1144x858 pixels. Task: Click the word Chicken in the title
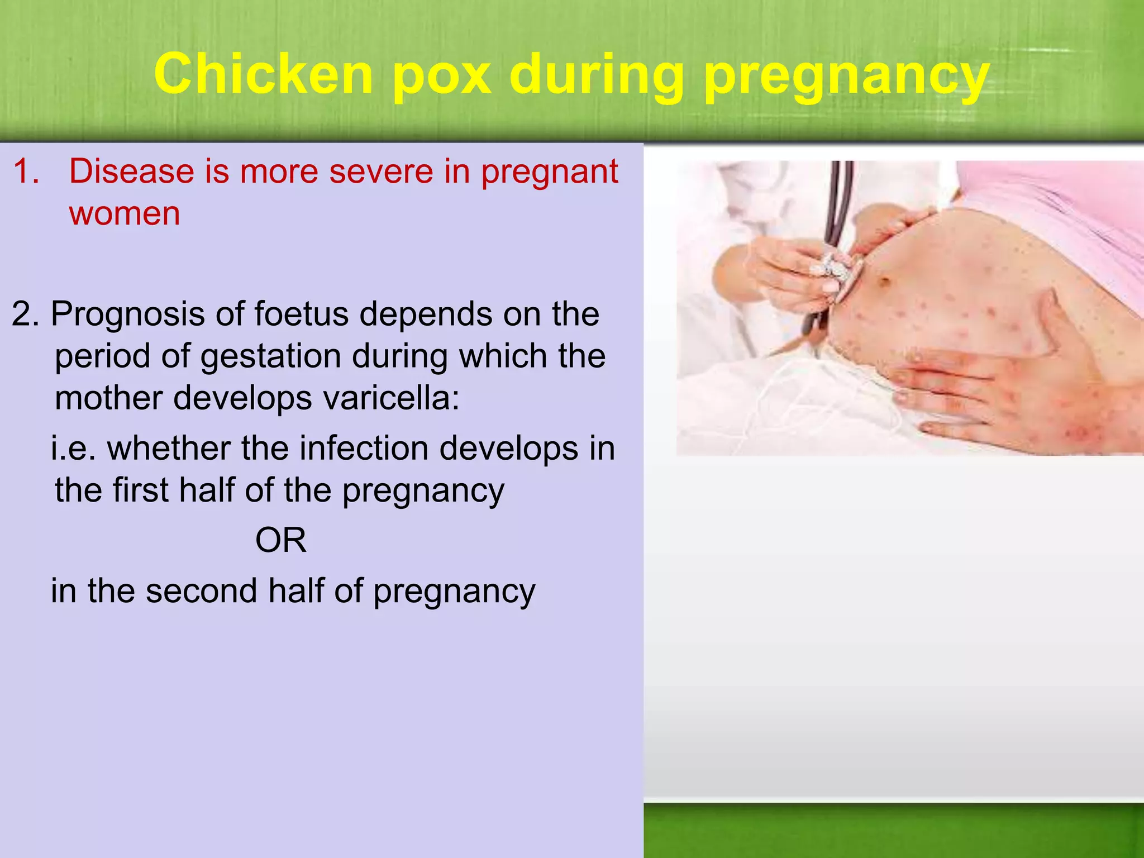[x=263, y=74]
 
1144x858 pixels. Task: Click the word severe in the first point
[x=381, y=171]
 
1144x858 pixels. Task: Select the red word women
[x=125, y=213]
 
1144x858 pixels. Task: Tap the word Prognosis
[x=128, y=314]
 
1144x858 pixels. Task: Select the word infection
[x=367, y=449]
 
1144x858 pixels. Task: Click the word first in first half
[x=140, y=490]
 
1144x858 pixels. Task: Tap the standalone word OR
[x=281, y=541]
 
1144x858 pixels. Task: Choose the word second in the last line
[x=201, y=591]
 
